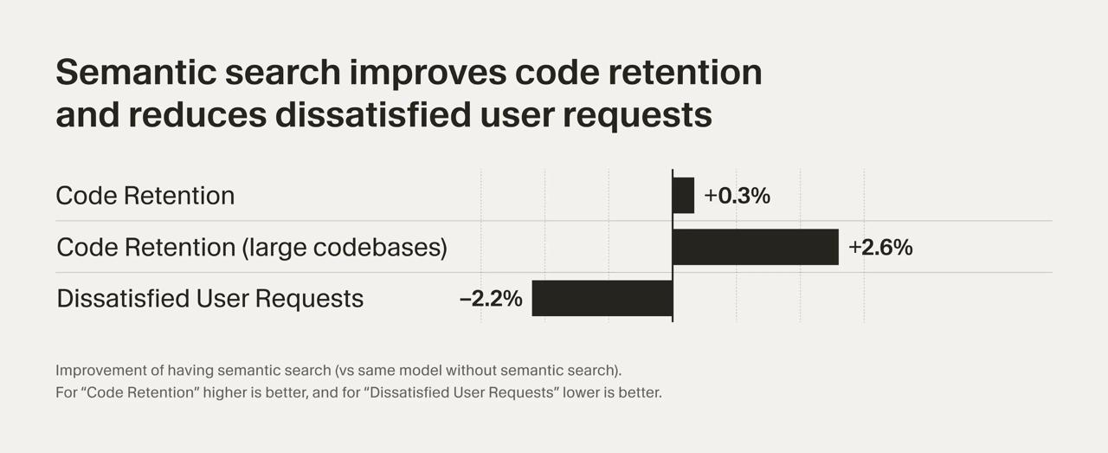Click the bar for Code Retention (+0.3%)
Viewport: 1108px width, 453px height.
pos(683,196)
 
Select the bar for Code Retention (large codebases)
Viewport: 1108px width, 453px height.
pos(755,247)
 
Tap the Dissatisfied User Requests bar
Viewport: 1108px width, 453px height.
pos(602,298)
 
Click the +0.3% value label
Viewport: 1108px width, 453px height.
pos(737,196)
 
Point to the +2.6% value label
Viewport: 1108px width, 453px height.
pos(880,248)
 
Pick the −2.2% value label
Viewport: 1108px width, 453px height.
pos(491,299)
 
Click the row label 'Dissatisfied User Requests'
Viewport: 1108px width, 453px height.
pos(209,299)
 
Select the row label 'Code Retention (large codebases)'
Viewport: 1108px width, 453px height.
pos(251,248)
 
